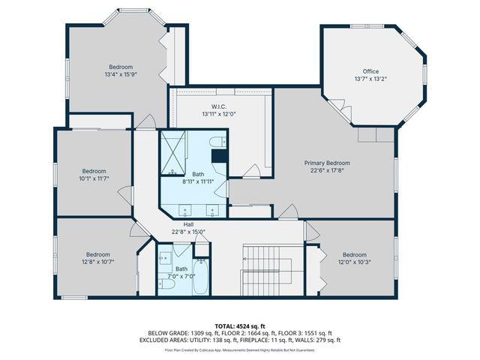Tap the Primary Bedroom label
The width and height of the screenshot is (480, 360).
(326, 163)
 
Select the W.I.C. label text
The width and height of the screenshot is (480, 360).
(219, 106)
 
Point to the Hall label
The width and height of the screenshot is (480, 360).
(188, 224)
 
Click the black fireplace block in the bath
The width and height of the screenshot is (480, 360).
(219, 156)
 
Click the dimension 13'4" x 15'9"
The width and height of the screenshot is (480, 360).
(121, 74)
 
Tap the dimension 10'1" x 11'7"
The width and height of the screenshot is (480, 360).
(94, 178)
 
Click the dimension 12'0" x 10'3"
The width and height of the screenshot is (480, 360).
(354, 262)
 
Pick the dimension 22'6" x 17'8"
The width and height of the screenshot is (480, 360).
(326, 170)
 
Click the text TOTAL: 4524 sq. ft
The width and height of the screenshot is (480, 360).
(239, 325)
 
